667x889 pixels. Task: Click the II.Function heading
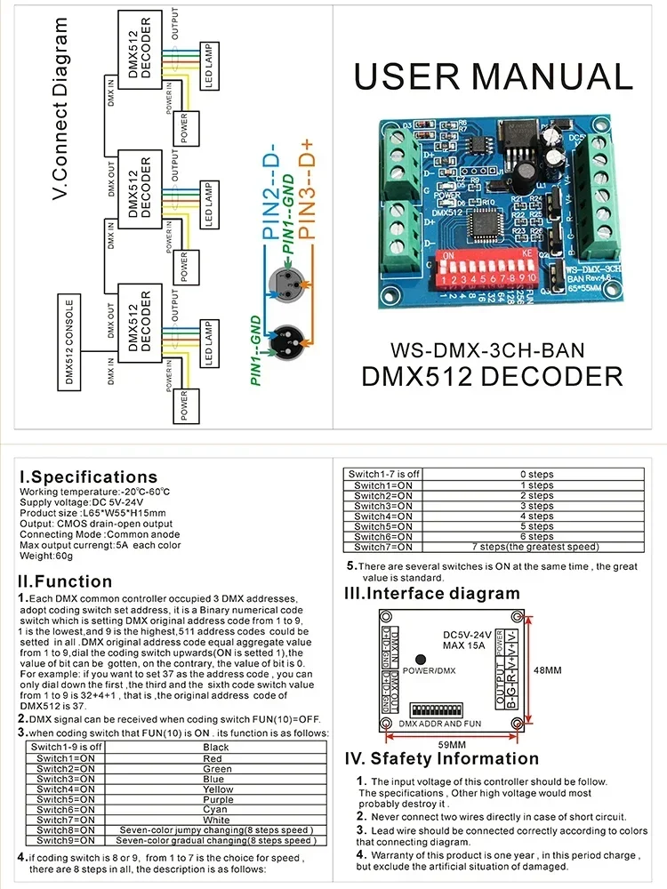66,581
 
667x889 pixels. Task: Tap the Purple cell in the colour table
217,799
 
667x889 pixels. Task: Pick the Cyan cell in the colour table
217,809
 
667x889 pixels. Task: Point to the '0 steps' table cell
535,474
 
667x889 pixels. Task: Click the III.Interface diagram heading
432,593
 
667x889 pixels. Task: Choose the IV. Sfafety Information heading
441,758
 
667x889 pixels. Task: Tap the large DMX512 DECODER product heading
493,376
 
